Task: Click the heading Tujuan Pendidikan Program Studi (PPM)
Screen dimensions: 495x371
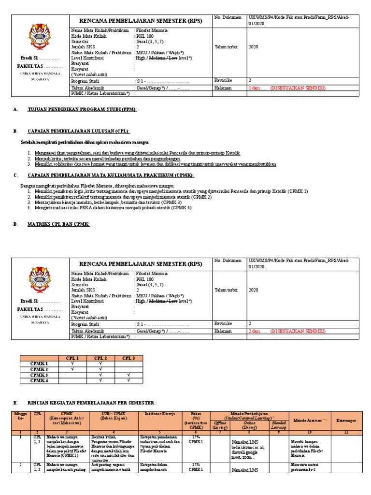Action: pyautogui.click(x=82, y=110)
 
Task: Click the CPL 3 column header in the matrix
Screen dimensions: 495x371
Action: pyautogui.click(x=129, y=358)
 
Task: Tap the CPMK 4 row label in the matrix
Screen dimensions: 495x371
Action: pyautogui.click(x=39, y=381)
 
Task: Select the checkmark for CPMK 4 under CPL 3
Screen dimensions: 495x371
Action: pyautogui.click(x=129, y=381)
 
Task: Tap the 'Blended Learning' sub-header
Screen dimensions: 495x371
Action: pyautogui.click(x=278, y=425)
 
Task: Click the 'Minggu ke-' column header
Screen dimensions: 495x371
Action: pyautogui.click(x=19, y=416)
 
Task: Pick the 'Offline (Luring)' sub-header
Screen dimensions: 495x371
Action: pyautogui.click(x=220, y=425)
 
